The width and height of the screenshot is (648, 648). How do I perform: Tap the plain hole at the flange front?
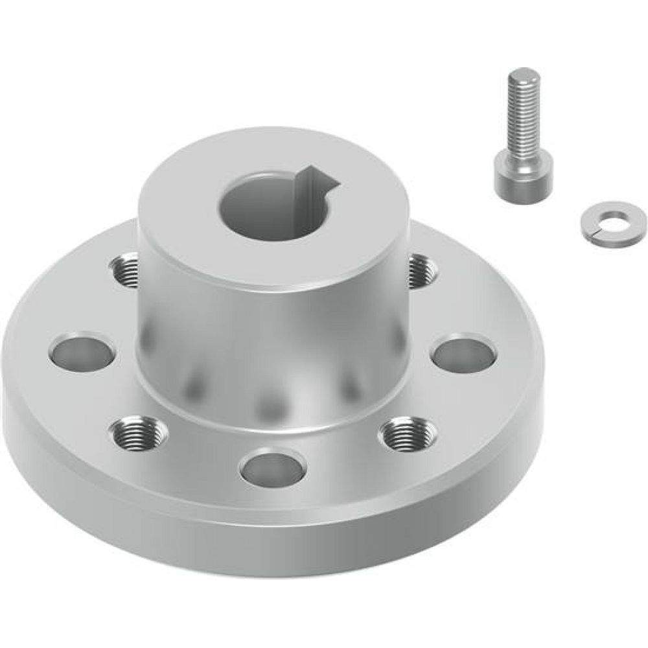coord(273,468)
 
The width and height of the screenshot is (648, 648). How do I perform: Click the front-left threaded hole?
coord(138,432)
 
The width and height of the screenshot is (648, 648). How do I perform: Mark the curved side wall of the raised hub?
coord(272,337)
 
